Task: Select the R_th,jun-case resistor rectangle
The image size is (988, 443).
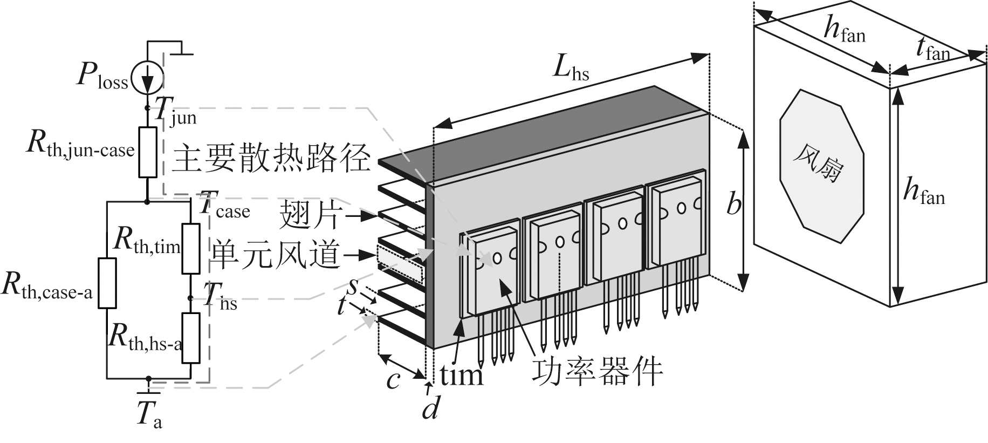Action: (x=148, y=152)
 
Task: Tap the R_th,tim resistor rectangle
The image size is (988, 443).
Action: (x=191, y=248)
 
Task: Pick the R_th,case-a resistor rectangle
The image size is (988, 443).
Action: (x=107, y=283)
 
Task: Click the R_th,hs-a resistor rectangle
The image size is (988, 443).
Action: (x=191, y=338)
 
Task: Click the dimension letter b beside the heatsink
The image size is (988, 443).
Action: (x=733, y=205)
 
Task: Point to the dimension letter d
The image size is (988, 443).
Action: (x=430, y=408)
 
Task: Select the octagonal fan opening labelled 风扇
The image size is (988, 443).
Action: (x=821, y=166)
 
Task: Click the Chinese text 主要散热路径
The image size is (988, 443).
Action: (x=272, y=158)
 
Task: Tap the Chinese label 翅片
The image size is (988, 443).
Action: (x=309, y=217)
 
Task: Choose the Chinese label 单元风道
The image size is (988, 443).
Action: (x=276, y=254)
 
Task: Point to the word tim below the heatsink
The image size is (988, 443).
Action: (x=461, y=374)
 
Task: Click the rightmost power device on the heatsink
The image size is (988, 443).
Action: (x=677, y=221)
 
